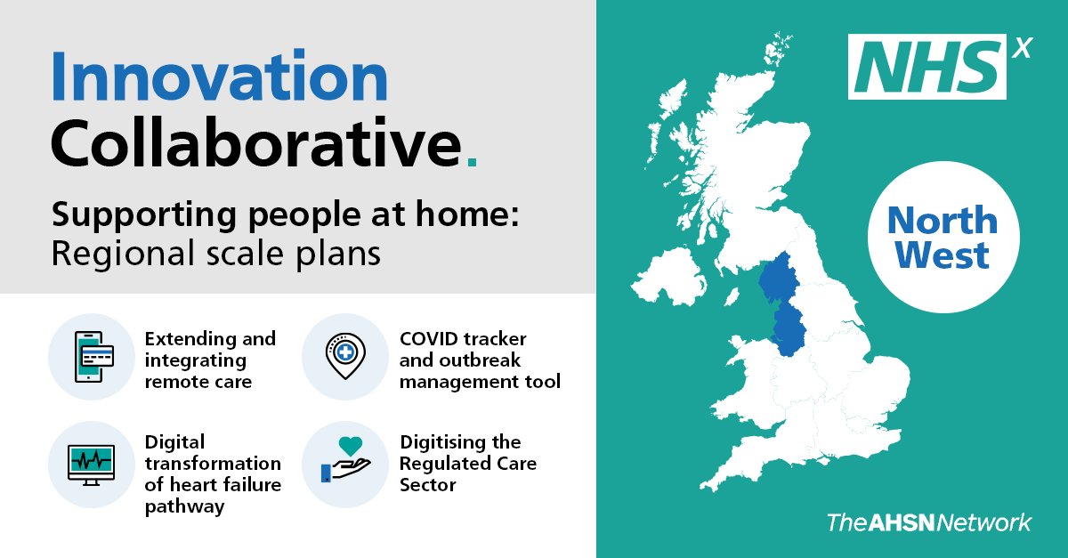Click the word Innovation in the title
(219, 78)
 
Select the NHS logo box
(926, 67)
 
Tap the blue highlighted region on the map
(783, 303)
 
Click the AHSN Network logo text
(929, 522)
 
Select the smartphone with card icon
(92, 357)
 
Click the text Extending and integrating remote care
(210, 360)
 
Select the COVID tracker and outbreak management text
(479, 360)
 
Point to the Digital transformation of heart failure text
(213, 474)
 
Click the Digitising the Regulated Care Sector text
(468, 464)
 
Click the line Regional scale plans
(216, 254)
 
